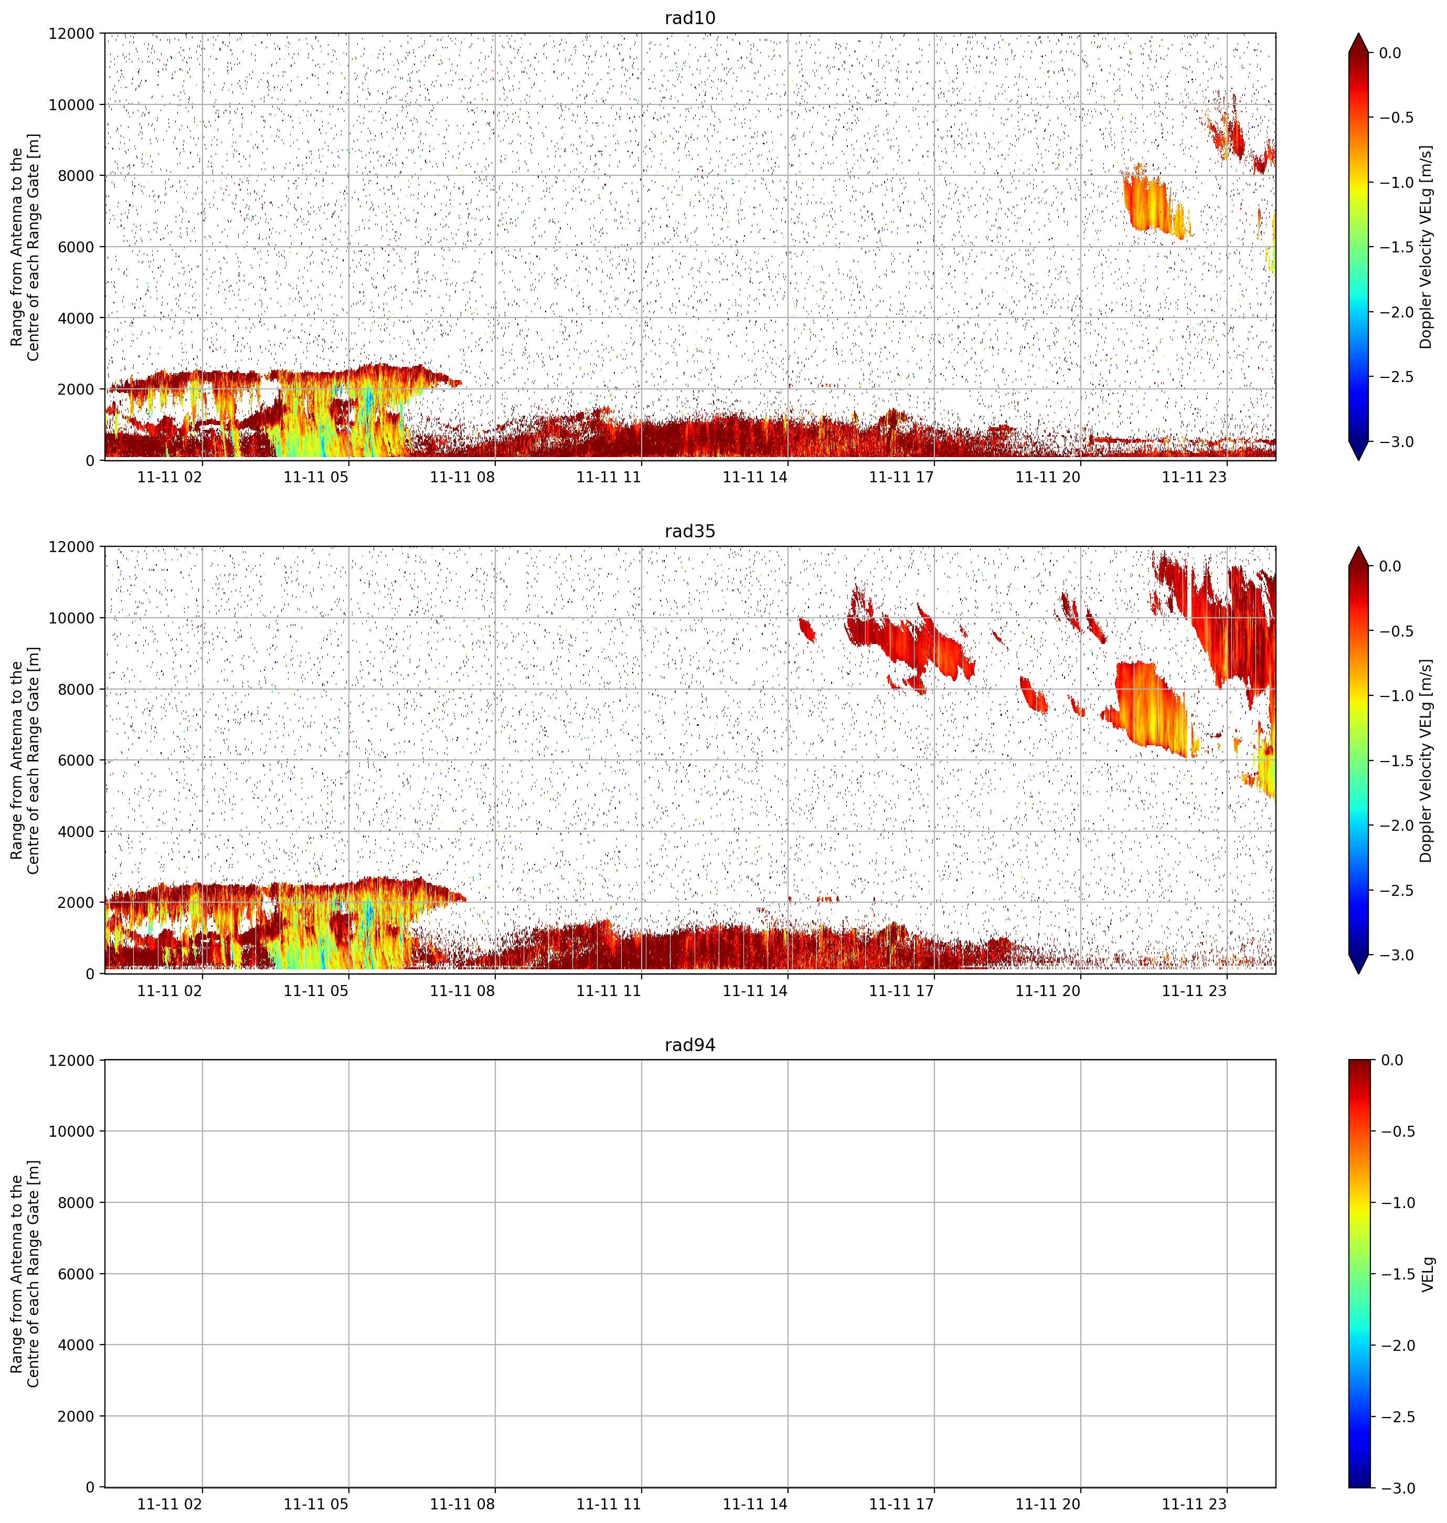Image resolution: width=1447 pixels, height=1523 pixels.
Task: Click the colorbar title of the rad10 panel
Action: pos(1426,247)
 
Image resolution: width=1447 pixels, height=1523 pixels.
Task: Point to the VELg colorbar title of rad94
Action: pos(1428,1274)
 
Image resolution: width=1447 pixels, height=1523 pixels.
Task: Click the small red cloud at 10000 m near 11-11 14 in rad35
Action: pos(807,629)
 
